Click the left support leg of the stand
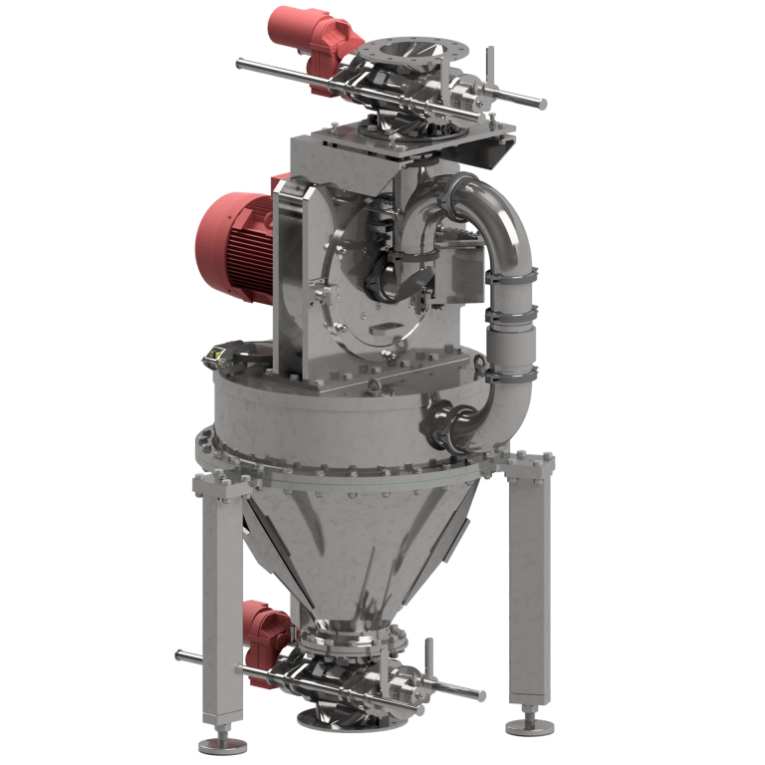tap(221, 608)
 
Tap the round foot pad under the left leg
tap(216, 742)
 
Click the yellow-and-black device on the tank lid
tap(216, 354)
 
